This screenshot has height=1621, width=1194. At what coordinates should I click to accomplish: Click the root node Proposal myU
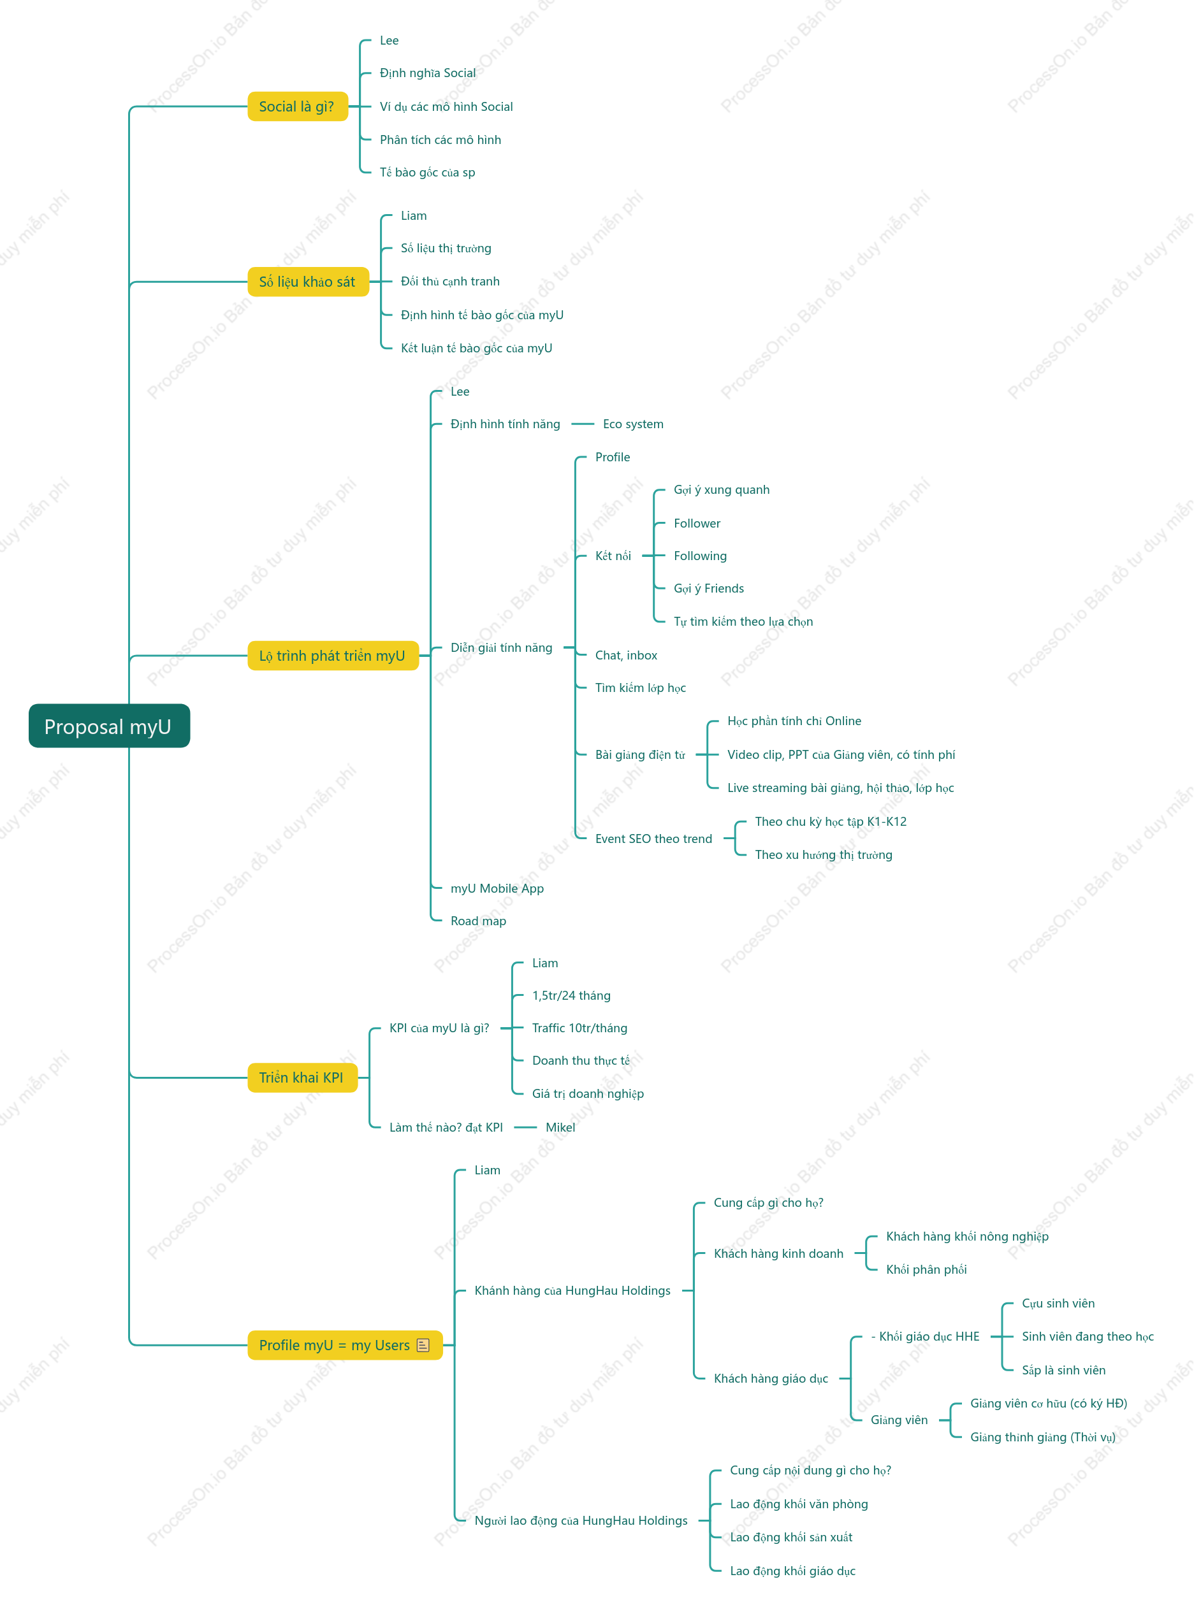click(109, 726)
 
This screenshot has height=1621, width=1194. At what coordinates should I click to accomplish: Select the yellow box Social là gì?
click(297, 106)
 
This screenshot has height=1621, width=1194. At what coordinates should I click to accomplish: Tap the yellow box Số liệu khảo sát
click(308, 282)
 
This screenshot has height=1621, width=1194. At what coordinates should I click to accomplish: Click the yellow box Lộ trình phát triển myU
click(333, 655)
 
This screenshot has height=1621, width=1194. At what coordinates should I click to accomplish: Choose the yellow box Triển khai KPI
click(302, 1077)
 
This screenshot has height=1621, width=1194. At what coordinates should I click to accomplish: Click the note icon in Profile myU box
click(423, 1345)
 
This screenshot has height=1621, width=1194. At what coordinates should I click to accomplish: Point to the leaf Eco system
click(633, 424)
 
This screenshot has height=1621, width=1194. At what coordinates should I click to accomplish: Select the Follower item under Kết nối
click(697, 523)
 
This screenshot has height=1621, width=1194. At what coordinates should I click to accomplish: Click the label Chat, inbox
click(626, 655)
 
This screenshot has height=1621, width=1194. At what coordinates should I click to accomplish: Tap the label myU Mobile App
click(497, 888)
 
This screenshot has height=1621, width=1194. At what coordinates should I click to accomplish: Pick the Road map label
click(479, 921)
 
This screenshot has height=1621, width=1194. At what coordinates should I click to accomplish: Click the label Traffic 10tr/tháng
click(579, 1028)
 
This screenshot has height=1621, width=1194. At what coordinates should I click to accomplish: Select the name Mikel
click(560, 1127)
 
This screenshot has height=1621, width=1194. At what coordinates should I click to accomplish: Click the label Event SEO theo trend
click(653, 839)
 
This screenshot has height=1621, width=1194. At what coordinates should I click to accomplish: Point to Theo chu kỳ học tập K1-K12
click(831, 821)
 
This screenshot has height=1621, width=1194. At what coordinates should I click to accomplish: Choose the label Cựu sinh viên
click(1058, 1303)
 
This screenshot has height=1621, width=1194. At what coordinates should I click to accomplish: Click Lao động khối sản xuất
click(790, 1537)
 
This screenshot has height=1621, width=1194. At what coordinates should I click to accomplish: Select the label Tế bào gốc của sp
click(427, 172)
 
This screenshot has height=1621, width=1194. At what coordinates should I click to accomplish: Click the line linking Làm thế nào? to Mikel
click(525, 1127)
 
